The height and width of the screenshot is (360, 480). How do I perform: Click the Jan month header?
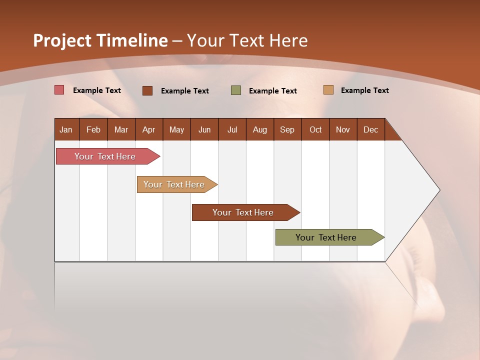coord(66,129)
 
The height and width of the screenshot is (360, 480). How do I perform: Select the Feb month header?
coord(93,129)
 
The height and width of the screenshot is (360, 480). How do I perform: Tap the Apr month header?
coord(149,129)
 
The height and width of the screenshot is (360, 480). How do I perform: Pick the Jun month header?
coord(204,129)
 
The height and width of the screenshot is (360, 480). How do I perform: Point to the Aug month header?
coord(260,129)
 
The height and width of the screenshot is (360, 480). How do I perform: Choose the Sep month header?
coord(287,129)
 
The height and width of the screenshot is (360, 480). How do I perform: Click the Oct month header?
coord(315,129)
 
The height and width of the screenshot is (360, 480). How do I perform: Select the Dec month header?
coord(371,129)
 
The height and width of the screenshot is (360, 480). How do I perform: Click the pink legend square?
coord(59,90)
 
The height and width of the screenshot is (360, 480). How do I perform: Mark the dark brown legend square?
coord(147,90)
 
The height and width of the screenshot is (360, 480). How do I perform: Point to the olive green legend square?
coord(236,90)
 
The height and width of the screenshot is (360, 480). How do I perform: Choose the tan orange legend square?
coord(328,90)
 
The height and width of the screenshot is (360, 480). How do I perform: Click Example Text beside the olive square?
coord(273,91)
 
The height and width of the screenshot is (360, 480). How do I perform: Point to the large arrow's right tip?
coord(439,190)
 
